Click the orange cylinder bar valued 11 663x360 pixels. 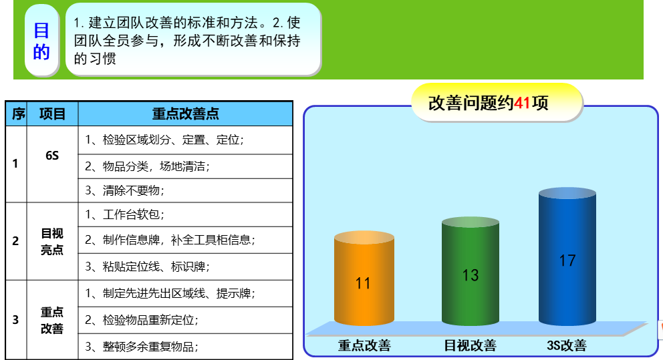(x=364, y=279)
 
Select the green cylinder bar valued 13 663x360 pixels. (x=471, y=271)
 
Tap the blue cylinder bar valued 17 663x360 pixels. (x=567, y=256)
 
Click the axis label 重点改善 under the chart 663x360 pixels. (x=364, y=345)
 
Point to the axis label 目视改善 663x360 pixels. (x=470, y=345)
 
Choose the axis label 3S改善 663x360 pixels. (x=567, y=345)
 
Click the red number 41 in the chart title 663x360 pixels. (x=522, y=103)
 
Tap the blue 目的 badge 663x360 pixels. (x=41, y=41)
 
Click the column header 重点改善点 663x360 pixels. (x=185, y=114)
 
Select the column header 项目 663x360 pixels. (x=52, y=114)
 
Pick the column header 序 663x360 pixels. (x=17, y=114)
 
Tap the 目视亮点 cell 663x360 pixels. (x=52, y=241)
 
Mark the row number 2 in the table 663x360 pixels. (x=15, y=241)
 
